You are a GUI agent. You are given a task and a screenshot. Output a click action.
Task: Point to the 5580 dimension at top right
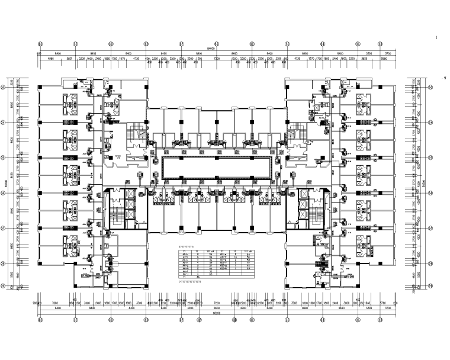click(383, 59)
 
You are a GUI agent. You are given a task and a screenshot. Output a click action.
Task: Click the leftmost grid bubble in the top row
click(40, 44)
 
